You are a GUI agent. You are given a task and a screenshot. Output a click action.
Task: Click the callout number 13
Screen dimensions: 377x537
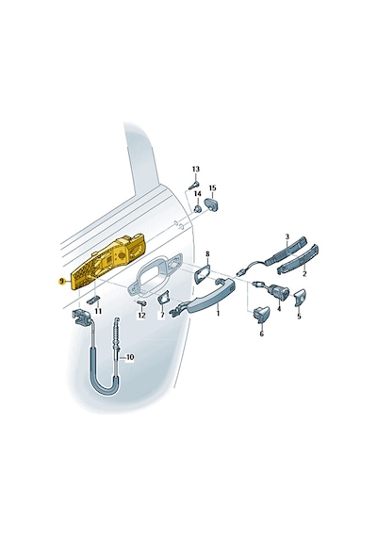196,170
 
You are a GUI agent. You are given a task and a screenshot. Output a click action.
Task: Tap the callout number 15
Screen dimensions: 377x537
212,188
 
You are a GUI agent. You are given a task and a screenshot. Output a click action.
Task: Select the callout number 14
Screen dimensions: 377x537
198,194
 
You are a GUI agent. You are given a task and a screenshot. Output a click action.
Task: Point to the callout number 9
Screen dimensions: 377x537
61,281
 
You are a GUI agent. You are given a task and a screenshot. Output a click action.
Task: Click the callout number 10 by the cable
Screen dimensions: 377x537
130,358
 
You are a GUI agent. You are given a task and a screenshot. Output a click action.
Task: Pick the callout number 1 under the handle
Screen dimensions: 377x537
218,313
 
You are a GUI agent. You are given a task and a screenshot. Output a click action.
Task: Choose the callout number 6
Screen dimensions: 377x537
261,334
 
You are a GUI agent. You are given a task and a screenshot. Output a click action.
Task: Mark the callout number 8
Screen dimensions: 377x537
207,253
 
